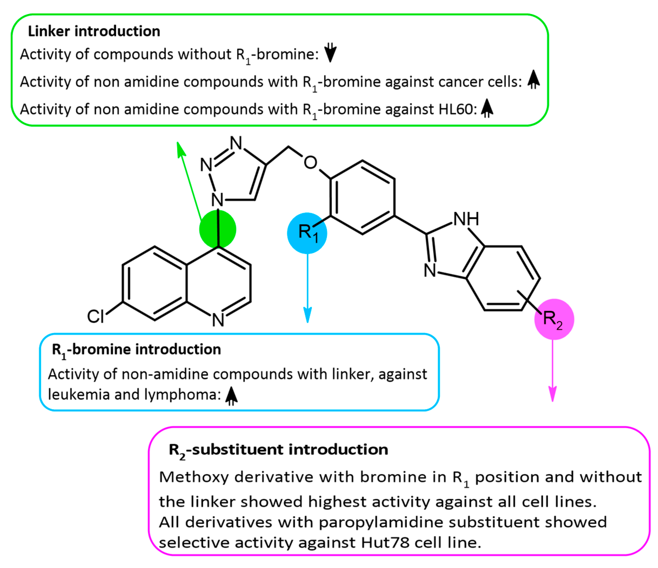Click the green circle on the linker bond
click(218, 229)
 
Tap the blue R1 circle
click(307, 233)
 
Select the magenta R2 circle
click(554, 319)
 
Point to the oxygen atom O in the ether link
click(310, 163)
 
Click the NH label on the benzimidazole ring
click(466, 219)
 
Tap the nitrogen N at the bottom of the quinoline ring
click(218, 320)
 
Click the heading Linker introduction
click(94, 31)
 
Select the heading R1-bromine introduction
click(136, 350)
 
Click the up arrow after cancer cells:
click(533, 80)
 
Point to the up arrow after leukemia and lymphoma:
click(231, 396)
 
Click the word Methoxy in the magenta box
click(193, 477)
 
